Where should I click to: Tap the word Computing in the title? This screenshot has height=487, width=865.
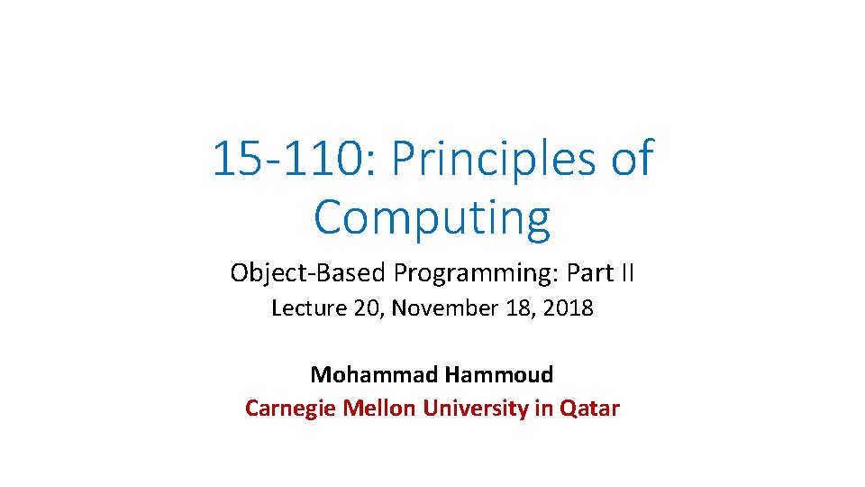(x=432, y=216)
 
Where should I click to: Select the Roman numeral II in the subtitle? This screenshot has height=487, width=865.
(x=625, y=272)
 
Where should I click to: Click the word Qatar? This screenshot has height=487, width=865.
(x=590, y=409)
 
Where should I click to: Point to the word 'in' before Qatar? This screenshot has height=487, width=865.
(x=544, y=409)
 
